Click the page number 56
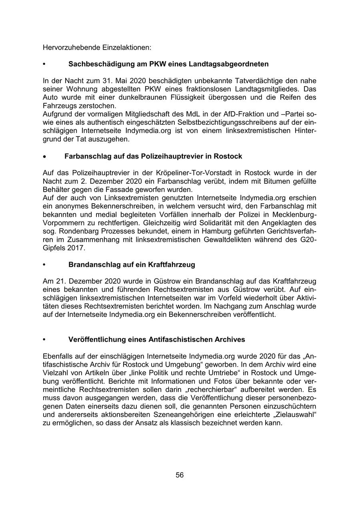180,475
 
